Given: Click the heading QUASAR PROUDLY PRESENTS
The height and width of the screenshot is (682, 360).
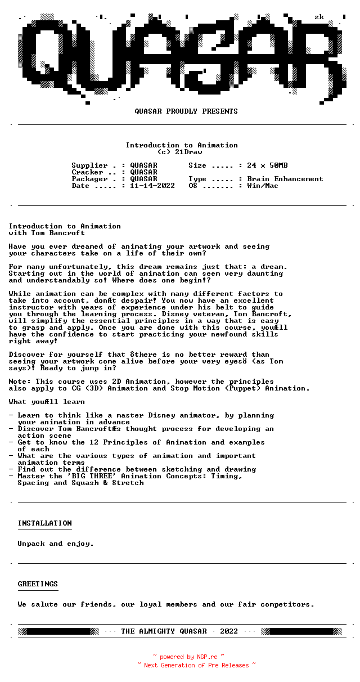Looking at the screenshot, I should coord(186,111).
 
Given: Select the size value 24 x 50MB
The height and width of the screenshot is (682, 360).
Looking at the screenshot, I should coord(267,165).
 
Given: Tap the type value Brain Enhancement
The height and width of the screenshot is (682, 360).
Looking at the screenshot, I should coord(285,179).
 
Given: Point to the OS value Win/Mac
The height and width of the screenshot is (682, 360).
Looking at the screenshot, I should coord(263,186).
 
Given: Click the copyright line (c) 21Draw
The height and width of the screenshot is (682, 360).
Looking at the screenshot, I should coord(179,152).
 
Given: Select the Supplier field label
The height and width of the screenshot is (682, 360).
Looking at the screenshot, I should coord(89,165).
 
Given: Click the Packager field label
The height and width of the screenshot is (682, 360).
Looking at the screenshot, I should coord(89,179).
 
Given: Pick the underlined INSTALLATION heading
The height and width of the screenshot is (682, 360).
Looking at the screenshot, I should coord(44,523).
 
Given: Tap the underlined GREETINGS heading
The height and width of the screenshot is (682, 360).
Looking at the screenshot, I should coord(38,584).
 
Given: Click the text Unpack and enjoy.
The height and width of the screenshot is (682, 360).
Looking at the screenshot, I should coord(56,544).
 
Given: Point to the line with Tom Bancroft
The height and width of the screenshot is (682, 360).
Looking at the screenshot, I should coord(47,233).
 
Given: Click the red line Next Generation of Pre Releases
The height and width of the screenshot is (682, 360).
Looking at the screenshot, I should coord(196,665).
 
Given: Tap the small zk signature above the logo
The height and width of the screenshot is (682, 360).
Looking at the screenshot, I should coord(319,17).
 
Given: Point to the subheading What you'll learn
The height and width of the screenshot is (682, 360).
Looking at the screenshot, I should coord(47,402).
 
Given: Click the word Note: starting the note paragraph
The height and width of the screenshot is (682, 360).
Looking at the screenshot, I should coord(20,382).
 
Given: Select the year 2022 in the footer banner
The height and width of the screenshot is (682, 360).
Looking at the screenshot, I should coord(229,631).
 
